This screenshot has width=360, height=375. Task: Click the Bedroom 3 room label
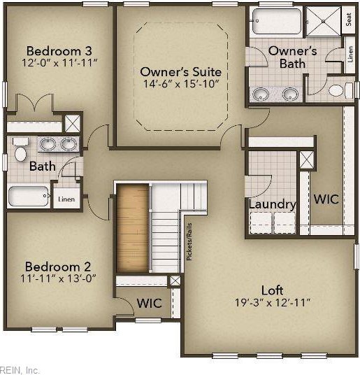pyautogui.click(x=59, y=51)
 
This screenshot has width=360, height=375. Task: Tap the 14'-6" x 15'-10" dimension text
pyautogui.click(x=181, y=84)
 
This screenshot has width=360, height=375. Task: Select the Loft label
pyautogui.click(x=273, y=290)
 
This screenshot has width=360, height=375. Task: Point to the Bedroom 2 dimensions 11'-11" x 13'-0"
pyautogui.click(x=58, y=278)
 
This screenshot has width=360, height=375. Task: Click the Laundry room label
pyautogui.click(x=273, y=204)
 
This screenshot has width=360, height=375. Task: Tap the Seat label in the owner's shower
pyautogui.click(x=349, y=20)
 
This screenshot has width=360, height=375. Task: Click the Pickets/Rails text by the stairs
pyautogui.click(x=189, y=241)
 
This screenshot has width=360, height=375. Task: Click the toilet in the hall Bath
pyautogui.click(x=20, y=150)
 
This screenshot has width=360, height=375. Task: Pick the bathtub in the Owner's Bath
pyautogui.click(x=276, y=22)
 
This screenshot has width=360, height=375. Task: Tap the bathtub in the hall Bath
pyautogui.click(x=29, y=196)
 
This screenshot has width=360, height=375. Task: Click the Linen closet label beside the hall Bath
pyautogui.click(x=66, y=199)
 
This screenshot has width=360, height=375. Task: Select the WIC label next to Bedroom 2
pyautogui.click(x=150, y=303)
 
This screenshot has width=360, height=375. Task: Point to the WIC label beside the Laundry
pyautogui.click(x=326, y=199)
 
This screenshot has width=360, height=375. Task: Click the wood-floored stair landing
pyautogui.click(x=133, y=228)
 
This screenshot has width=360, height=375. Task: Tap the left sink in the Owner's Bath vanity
pyautogui.click(x=261, y=94)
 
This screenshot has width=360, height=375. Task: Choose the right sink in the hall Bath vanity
pyautogui.click(x=69, y=144)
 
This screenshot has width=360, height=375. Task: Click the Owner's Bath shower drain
pyautogui.click(x=323, y=21)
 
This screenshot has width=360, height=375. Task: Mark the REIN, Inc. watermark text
pyautogui.click(x=20, y=370)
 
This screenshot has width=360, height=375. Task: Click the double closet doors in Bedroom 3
pyautogui.click(x=35, y=103)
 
